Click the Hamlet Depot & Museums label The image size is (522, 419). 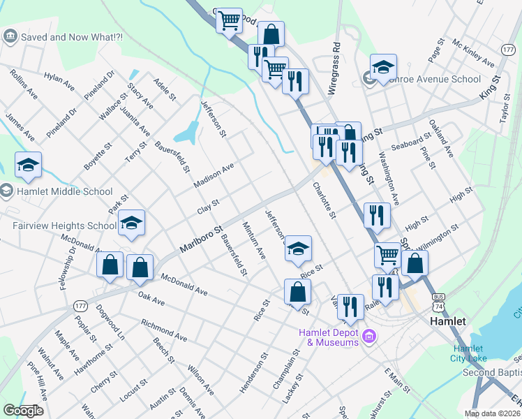[329, 337]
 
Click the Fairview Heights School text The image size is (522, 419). [64, 226]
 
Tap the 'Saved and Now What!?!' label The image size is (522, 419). [72, 36]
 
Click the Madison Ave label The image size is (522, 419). [214, 177]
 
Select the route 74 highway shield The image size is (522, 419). [438, 307]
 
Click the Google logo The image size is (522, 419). [23, 411]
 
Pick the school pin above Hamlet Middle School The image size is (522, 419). [28, 165]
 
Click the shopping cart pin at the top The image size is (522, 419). [229, 22]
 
